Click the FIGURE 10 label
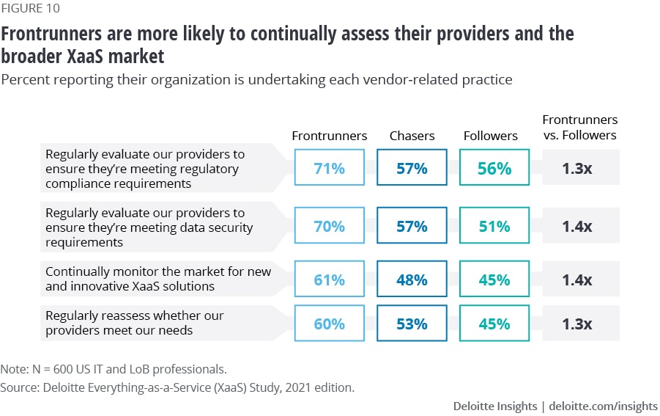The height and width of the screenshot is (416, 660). [x=31, y=9]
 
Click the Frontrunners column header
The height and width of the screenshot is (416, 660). [x=330, y=136]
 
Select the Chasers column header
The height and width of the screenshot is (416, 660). [x=412, y=136]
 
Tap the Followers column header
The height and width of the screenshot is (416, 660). [x=491, y=136]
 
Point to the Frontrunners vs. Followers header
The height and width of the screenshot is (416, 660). [x=579, y=127]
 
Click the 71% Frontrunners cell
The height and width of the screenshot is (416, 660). [x=330, y=168]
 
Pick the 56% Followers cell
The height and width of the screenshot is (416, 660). [x=495, y=168]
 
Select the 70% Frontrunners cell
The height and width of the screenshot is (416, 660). [x=330, y=227]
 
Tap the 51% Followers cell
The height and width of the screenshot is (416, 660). [x=495, y=227]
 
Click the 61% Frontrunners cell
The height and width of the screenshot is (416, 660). [x=330, y=280]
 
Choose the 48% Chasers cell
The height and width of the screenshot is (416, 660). [x=412, y=280]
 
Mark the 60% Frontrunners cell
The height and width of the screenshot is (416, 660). [x=330, y=324]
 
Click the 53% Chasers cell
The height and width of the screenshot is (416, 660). [x=412, y=324]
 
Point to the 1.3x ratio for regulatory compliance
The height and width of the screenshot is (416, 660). [x=577, y=168]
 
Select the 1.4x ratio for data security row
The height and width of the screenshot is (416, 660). [x=577, y=227]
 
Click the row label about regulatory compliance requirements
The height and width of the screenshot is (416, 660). [x=145, y=169]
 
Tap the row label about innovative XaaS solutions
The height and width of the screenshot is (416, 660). [x=157, y=279]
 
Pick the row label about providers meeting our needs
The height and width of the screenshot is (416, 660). [x=134, y=323]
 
